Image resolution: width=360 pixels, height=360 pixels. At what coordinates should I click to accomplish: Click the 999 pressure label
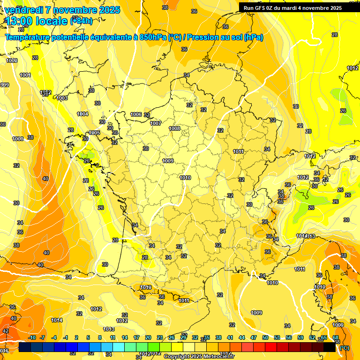(x=5, y=85)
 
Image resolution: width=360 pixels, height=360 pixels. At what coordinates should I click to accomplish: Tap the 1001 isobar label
(x=25, y=75)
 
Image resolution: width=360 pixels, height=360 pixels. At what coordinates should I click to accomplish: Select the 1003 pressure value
(x=62, y=98)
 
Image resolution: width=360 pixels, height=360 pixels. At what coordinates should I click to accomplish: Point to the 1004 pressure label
(x=82, y=114)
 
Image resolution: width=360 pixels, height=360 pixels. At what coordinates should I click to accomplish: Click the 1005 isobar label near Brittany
(x=94, y=133)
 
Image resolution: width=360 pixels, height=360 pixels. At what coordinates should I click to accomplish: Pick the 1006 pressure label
(x=136, y=114)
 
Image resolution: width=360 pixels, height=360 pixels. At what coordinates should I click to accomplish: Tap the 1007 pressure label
(x=156, y=123)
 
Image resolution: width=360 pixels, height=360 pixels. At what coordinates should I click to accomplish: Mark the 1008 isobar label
(x=174, y=128)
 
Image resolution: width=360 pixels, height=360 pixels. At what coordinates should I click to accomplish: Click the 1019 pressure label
(x=146, y=287)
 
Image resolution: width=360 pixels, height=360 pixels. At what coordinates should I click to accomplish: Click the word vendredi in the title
(x=24, y=10)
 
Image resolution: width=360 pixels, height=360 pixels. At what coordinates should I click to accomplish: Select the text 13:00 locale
(x=36, y=21)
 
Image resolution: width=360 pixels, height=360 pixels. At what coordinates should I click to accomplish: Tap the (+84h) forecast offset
(x=81, y=21)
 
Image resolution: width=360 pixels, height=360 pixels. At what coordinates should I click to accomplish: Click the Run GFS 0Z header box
(x=299, y=8)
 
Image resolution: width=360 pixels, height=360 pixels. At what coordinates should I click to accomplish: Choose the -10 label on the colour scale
(x=32, y=337)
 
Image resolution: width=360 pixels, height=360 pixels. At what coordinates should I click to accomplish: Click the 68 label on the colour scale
(x=336, y=337)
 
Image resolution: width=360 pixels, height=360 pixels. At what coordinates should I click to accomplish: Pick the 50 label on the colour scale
(x=265, y=337)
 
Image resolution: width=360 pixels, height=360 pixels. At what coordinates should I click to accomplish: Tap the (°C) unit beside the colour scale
(x=345, y=348)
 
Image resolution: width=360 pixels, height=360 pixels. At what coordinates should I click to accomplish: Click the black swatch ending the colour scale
(x=330, y=347)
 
